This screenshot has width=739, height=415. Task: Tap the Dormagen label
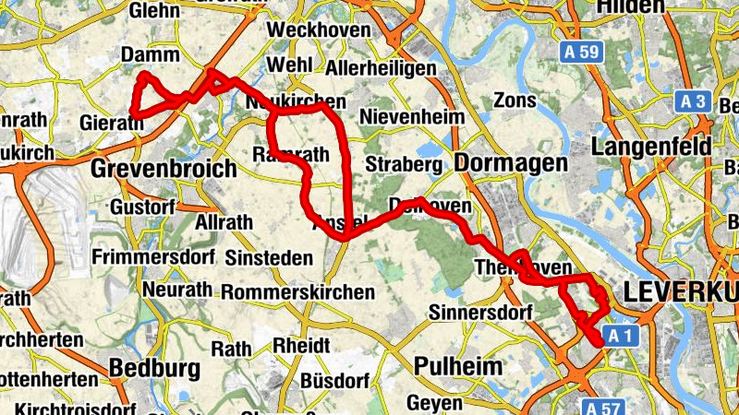pyautogui.click(x=511, y=163)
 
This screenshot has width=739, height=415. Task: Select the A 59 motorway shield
pyautogui.click(x=580, y=53)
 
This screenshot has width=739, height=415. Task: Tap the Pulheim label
pyautogui.click(x=458, y=365)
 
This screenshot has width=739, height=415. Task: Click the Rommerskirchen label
pyautogui.click(x=298, y=292)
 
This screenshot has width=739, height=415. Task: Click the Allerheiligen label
pyautogui.click(x=381, y=69)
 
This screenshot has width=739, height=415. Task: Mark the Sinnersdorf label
pyautogui.click(x=481, y=314)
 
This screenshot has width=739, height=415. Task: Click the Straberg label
pyautogui.click(x=405, y=164)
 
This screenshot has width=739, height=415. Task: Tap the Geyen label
pyautogui.click(x=434, y=403)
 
